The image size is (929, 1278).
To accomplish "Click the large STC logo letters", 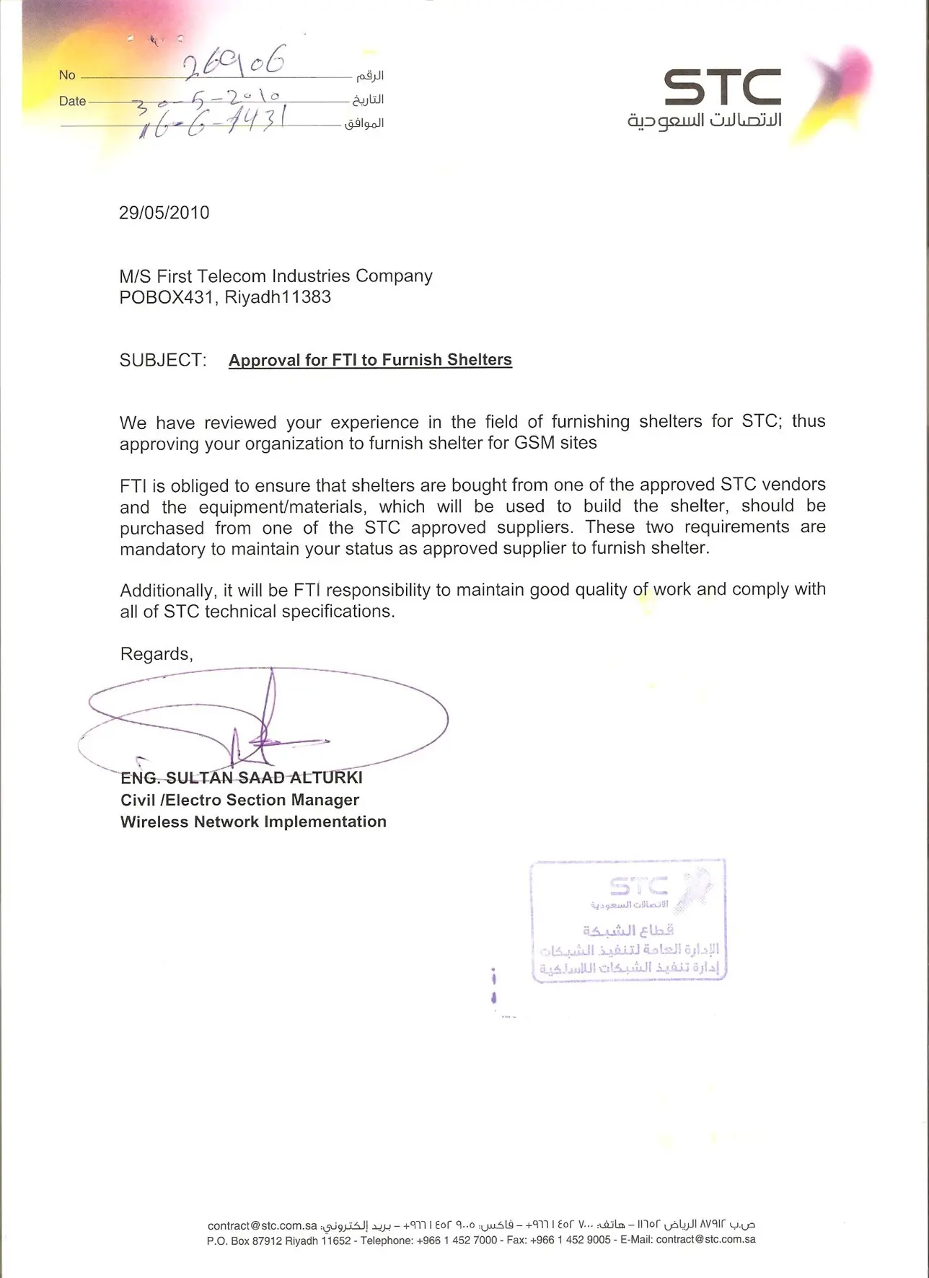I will [x=721, y=87].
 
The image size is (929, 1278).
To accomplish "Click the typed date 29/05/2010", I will [x=164, y=213].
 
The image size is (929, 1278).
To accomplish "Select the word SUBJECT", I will [x=163, y=360].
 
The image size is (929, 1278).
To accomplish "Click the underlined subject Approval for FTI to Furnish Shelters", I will [x=370, y=360].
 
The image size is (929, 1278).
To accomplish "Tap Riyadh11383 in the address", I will [x=278, y=297].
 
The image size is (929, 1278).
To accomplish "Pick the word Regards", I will [x=156, y=654].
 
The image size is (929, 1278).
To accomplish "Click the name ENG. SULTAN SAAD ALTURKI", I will [x=242, y=777].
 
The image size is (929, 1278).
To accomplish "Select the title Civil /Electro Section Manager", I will [x=239, y=800].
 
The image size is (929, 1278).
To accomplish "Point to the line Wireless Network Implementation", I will [x=253, y=821].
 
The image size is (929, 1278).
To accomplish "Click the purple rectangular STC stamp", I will [x=628, y=920].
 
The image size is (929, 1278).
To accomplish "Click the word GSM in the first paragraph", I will [x=534, y=443].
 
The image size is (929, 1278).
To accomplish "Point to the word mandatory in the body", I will [x=162, y=549].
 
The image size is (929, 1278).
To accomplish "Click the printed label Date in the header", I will [x=72, y=102].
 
